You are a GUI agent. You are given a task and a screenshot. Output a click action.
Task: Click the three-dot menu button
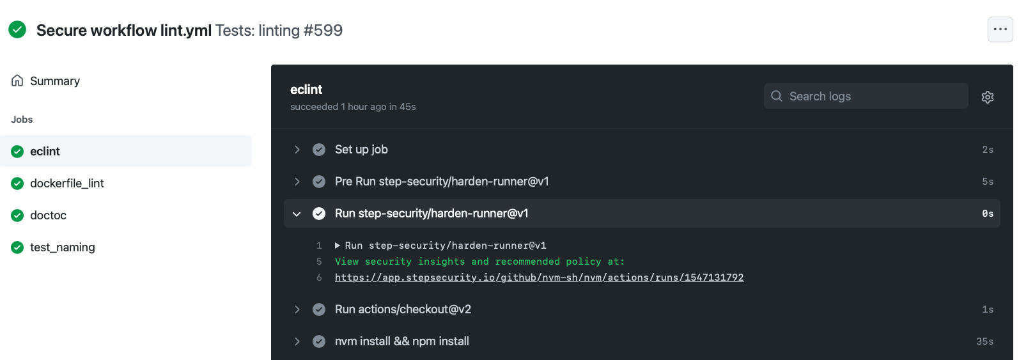click(x=1000, y=29)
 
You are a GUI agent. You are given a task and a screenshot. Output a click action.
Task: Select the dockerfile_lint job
click(x=67, y=183)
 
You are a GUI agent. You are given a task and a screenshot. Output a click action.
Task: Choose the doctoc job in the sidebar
click(x=48, y=215)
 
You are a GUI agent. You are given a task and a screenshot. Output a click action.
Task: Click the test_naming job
click(x=62, y=247)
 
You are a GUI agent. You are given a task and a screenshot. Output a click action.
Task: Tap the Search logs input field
click(x=866, y=96)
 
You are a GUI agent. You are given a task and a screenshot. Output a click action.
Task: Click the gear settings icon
click(x=987, y=97)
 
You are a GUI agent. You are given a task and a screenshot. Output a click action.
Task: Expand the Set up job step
click(x=361, y=149)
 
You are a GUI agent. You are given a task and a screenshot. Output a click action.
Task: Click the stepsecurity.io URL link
click(x=539, y=277)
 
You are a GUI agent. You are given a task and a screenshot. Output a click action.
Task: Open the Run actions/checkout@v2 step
click(x=403, y=309)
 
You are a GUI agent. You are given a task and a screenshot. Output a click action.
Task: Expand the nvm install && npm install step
click(x=401, y=341)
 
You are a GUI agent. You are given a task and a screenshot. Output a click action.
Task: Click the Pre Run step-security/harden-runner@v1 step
click(x=441, y=181)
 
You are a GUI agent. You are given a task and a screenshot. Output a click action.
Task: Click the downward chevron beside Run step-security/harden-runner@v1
click(x=297, y=214)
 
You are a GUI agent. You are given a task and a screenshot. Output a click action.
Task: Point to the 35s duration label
click(x=984, y=341)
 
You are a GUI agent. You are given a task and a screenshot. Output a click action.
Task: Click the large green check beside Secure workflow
click(x=17, y=29)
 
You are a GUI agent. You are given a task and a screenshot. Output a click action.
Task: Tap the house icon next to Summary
click(x=17, y=81)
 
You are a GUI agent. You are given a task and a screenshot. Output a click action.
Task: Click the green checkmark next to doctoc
click(x=17, y=215)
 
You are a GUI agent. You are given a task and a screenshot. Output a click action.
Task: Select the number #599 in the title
click(x=323, y=30)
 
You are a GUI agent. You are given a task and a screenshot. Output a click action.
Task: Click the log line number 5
click(x=319, y=262)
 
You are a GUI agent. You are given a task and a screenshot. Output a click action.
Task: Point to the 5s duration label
click(x=987, y=182)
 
